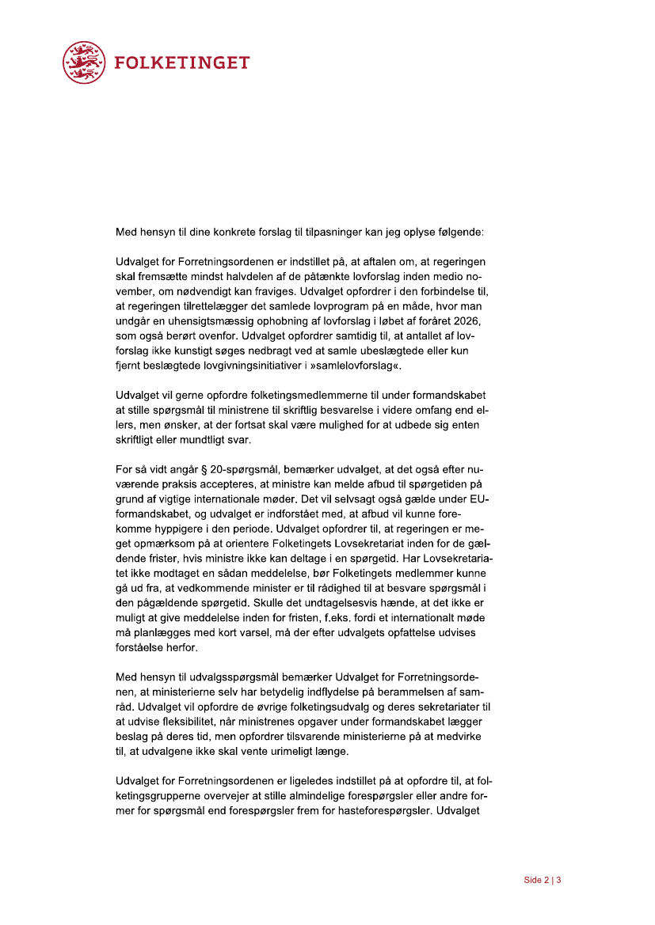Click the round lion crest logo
point(84,62)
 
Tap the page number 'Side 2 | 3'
point(543,880)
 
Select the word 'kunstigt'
point(208,351)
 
